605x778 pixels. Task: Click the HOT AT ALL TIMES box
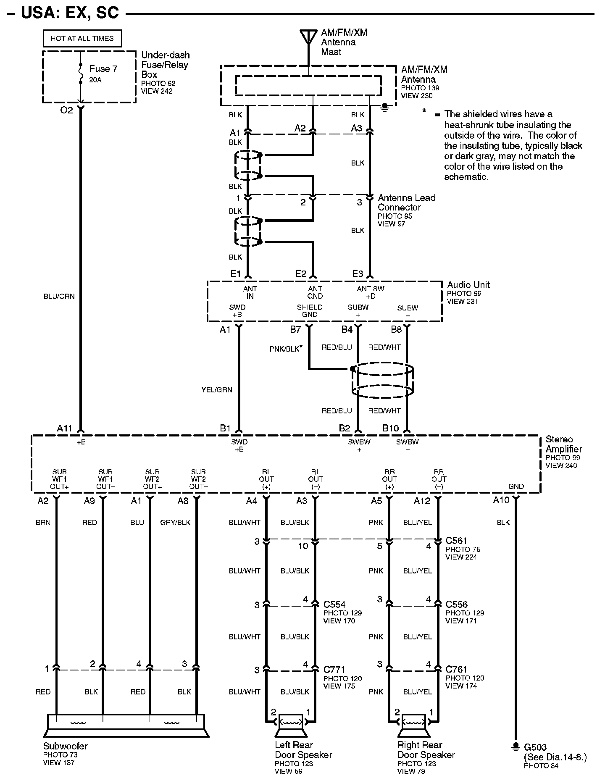coord(82,38)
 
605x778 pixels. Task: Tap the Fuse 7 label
coord(103,68)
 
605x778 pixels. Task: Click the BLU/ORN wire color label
coord(59,296)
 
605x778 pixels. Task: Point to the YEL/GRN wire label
coord(217,390)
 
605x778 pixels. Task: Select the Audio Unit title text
coord(468,285)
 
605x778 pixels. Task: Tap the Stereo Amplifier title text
coord(563,444)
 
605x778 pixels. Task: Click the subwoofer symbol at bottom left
coord(126,725)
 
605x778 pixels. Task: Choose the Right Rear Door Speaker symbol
coord(413,724)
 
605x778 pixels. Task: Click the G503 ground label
coord(535,747)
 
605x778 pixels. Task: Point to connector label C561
coord(456,541)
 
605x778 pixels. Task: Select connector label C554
coord(334,605)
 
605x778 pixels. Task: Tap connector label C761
coord(456,669)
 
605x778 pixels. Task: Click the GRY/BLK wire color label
coord(175,523)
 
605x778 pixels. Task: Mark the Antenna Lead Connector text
coord(406,202)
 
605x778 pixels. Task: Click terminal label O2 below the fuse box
coord(67,110)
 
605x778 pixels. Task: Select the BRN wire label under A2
coord(43,523)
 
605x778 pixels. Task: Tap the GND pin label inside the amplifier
coord(516,486)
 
